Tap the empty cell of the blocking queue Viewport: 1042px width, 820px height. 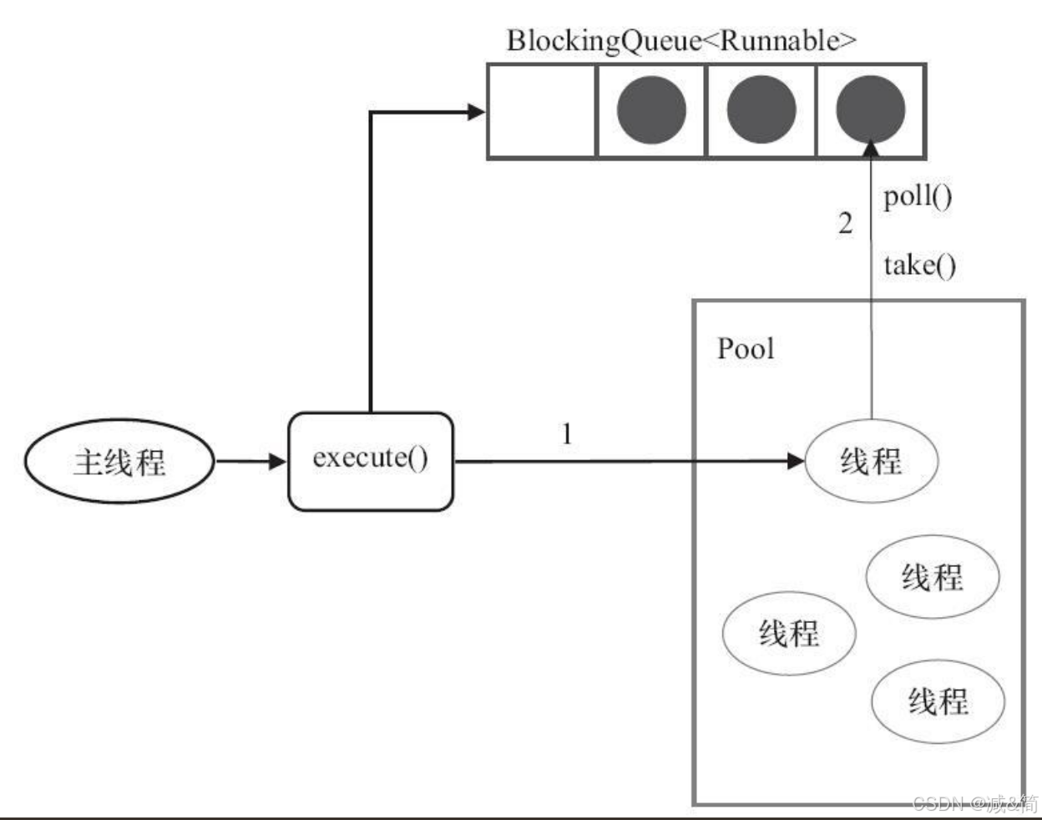(541, 111)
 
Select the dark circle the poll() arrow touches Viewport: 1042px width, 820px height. (871, 109)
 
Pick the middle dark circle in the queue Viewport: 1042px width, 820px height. (761, 109)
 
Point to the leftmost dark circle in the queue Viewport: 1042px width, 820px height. (651, 110)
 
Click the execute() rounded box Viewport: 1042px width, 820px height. (371, 461)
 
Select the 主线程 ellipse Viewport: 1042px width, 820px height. (119, 461)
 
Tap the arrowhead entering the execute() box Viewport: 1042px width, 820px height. (277, 461)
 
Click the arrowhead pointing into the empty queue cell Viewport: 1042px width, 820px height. (476, 113)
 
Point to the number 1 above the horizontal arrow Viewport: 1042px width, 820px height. (567, 433)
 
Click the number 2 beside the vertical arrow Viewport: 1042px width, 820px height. (846, 223)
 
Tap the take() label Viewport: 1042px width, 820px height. (920, 266)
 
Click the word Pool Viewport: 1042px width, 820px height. (746, 348)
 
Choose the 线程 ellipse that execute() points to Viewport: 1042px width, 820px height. (871, 461)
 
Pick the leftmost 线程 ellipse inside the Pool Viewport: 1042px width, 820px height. (789, 633)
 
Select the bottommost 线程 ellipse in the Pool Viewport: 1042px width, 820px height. (938, 701)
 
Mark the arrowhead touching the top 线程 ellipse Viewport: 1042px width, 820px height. (795, 461)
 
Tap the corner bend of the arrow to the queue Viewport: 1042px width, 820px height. (371, 113)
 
